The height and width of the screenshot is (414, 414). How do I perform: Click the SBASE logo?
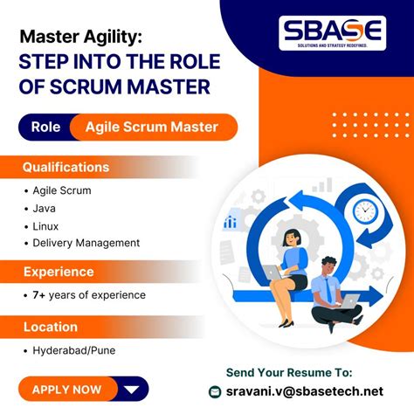click(x=332, y=33)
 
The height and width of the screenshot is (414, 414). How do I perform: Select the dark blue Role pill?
click(x=45, y=127)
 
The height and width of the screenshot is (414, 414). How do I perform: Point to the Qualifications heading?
click(x=66, y=167)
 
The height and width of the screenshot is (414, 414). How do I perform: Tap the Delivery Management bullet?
click(x=86, y=243)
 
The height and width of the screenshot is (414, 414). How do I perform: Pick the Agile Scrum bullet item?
click(x=61, y=190)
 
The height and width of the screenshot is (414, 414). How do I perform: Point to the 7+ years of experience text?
click(x=88, y=295)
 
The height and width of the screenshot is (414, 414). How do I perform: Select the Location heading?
click(x=52, y=327)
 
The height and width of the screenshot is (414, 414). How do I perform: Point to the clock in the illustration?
click(x=364, y=210)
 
